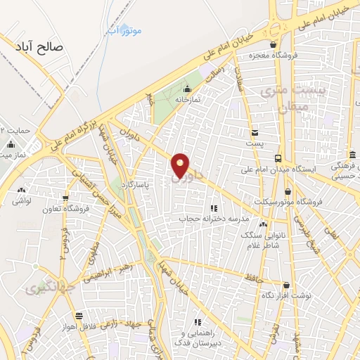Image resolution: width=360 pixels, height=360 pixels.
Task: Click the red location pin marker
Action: click(181, 166)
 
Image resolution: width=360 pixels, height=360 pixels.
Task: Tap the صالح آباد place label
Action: click(39, 47)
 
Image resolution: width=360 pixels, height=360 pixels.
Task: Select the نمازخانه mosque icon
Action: click(187, 89)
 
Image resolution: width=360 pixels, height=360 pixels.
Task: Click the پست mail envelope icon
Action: click(255, 132)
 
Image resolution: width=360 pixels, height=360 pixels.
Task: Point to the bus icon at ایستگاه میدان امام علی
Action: click(278, 158)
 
